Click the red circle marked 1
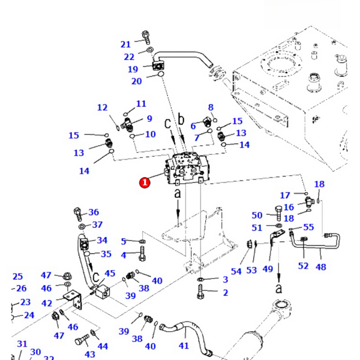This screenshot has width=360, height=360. click(145, 182)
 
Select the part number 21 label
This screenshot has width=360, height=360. click(125, 44)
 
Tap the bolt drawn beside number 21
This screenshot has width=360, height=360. click(146, 36)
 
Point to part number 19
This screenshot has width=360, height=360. click(133, 69)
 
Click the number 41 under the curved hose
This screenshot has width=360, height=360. click(184, 346)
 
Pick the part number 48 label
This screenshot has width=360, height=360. click(321, 266)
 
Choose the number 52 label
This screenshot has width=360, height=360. click(304, 266)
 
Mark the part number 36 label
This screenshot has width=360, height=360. click(94, 212)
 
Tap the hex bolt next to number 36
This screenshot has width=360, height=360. click(78, 213)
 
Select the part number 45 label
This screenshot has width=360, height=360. click(110, 274)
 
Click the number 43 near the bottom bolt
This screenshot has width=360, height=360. click(90, 354)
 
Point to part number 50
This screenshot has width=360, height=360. click(257, 215)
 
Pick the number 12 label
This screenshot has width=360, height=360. click(103, 107)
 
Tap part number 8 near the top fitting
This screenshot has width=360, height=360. click(211, 107)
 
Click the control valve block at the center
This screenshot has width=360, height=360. click(189, 169)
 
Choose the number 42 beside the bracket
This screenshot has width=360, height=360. click(46, 303)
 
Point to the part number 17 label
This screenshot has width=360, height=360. click(285, 195)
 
